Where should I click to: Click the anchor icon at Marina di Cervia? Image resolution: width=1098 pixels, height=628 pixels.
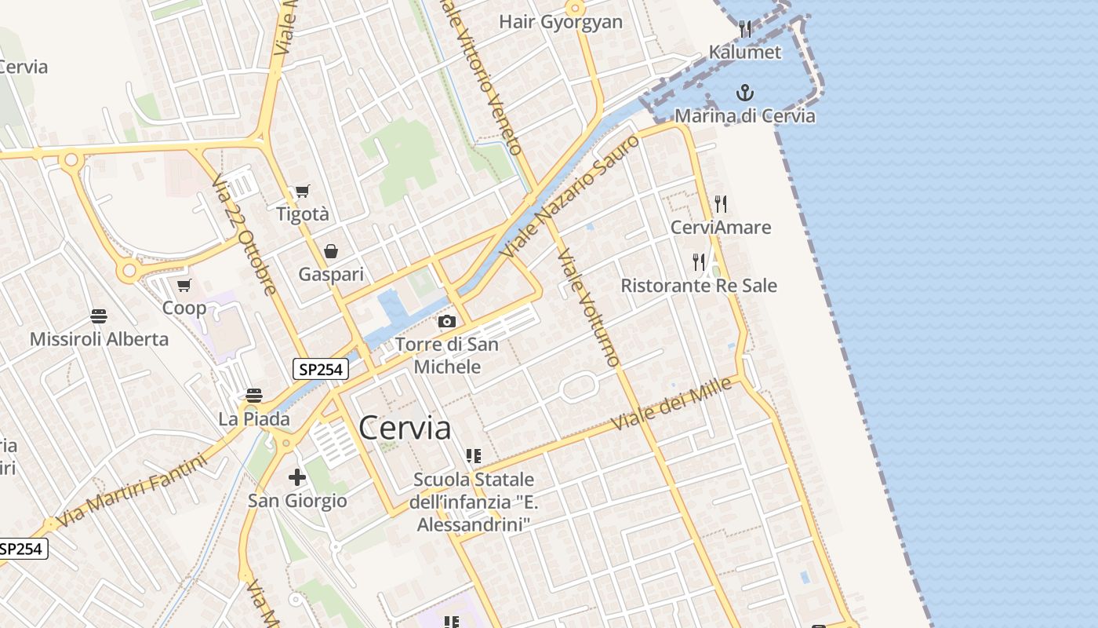[744, 93]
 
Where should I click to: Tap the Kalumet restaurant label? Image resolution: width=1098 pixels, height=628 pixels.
[745, 53]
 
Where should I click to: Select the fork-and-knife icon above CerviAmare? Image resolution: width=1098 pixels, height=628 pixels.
[721, 204]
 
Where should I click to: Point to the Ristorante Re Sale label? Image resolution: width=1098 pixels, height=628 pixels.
[699, 286]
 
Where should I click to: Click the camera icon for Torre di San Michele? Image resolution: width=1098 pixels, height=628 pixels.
[447, 321]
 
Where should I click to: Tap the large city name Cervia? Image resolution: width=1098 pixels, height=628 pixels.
[405, 429]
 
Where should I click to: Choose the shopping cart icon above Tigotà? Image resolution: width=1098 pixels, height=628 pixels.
[302, 191]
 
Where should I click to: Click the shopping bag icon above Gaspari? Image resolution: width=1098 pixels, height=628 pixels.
[331, 251]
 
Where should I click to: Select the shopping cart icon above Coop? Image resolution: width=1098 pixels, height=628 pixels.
[184, 285]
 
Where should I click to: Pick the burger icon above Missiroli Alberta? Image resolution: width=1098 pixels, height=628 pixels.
[99, 316]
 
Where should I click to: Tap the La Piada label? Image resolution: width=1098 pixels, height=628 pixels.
[254, 419]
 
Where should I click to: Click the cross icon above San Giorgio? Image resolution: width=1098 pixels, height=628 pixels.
[296, 476]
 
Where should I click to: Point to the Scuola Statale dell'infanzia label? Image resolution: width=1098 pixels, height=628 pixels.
[474, 502]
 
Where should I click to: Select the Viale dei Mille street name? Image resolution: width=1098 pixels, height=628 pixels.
[671, 403]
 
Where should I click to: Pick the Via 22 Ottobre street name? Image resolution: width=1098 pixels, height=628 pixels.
[245, 235]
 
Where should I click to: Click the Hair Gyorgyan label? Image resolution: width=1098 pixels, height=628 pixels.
[561, 22]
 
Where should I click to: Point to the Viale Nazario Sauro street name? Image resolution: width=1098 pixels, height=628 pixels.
[570, 197]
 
